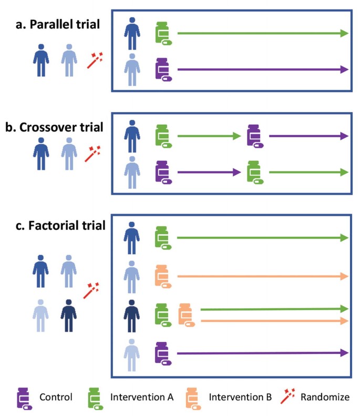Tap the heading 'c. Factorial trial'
[x=60, y=226]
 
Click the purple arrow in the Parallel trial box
[x=263, y=69]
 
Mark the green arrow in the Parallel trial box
[x=263, y=33]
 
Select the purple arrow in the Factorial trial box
[x=263, y=353]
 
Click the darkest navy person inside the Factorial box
[x=131, y=313]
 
